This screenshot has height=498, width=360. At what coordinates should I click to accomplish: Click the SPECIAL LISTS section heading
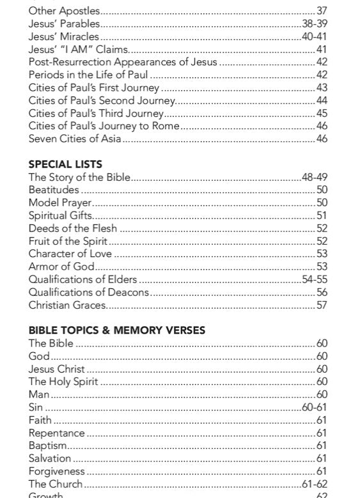click(65, 164)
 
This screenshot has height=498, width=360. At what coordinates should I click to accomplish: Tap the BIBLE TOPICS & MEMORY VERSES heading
click(117, 330)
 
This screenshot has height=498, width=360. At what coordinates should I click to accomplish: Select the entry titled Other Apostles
click(64, 11)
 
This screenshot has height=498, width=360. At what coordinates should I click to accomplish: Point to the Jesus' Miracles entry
click(63, 36)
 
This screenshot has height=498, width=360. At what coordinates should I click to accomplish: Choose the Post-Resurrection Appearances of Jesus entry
click(123, 62)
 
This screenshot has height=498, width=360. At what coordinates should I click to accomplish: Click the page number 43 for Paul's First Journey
click(322, 88)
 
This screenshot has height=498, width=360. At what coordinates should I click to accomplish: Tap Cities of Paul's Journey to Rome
click(104, 126)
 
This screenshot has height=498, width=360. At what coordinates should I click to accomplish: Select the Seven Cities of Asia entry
click(75, 139)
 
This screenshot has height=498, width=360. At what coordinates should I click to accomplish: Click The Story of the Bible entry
click(79, 177)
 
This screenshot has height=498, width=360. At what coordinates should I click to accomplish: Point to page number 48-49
click(315, 177)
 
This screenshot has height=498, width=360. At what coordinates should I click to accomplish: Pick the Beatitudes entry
click(54, 190)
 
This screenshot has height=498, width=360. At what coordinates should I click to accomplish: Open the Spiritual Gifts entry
click(60, 215)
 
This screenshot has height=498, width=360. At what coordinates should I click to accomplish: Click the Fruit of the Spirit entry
click(68, 241)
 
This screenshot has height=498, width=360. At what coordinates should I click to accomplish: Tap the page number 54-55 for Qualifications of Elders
click(315, 279)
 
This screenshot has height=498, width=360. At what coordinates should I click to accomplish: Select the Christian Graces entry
click(67, 305)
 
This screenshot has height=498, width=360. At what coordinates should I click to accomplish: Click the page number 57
click(322, 305)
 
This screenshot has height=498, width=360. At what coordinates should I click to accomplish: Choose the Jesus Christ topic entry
click(56, 369)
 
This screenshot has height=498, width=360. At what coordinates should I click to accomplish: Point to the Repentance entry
click(56, 433)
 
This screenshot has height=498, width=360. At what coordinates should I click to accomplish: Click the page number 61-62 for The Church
click(315, 484)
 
